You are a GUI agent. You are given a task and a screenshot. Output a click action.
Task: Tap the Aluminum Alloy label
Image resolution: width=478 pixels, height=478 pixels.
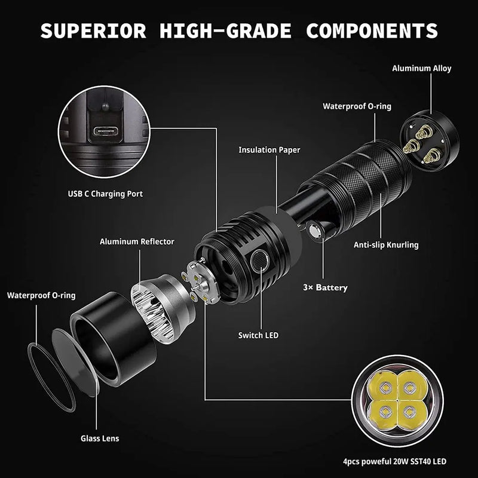tap(421, 68)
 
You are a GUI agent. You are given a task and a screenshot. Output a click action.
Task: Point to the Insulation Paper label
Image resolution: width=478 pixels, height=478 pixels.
tap(269, 150)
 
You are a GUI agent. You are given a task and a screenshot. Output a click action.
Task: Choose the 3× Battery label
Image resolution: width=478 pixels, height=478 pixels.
tap(325, 287)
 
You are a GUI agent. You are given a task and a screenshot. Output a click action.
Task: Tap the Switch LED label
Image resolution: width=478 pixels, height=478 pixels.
tap(258, 335)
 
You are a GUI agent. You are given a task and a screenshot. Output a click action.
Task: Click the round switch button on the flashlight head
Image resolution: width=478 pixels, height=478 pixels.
tap(259, 260)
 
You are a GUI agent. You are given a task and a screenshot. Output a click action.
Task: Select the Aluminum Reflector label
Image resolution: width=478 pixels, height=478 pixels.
tap(137, 241)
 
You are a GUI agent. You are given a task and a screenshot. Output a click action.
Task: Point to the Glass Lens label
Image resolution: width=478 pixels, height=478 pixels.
tap(100, 438)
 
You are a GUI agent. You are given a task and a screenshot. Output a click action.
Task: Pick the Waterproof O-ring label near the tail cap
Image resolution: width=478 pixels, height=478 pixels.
tap(357, 106)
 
